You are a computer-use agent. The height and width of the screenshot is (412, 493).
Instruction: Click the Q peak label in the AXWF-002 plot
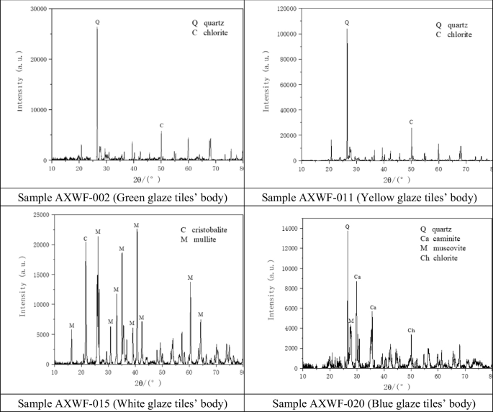97,22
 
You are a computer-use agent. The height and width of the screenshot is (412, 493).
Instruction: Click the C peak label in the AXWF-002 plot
162,126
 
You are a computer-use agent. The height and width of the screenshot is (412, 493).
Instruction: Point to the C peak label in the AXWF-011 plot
411,122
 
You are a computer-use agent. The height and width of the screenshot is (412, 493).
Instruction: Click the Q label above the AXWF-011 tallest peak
347,22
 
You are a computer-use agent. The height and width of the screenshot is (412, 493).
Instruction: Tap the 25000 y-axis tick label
39,215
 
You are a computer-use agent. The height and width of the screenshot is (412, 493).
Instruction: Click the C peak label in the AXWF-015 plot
86,239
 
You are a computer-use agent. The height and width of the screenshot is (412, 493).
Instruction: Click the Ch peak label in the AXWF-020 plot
411,331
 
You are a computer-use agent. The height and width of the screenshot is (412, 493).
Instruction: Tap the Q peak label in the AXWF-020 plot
348,226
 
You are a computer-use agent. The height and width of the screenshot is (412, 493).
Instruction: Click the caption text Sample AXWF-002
123,196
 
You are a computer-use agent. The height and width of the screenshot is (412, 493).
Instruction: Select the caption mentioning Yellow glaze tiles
369,196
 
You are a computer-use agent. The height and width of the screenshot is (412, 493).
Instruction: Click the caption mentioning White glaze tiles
123,402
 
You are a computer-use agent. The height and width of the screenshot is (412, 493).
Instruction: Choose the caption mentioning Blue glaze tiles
369,402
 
